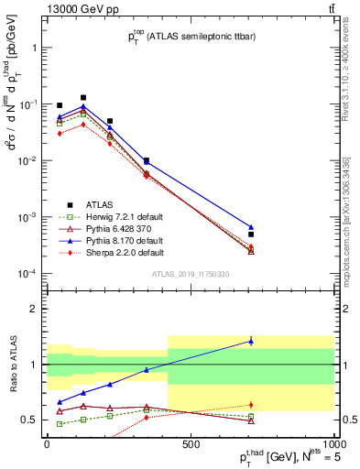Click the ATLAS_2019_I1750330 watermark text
pos(190,274)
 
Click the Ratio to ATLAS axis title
pos(13,365)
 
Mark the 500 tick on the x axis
pos(191,445)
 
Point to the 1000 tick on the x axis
pos(333,445)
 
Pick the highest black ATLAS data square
pos(83,97)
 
